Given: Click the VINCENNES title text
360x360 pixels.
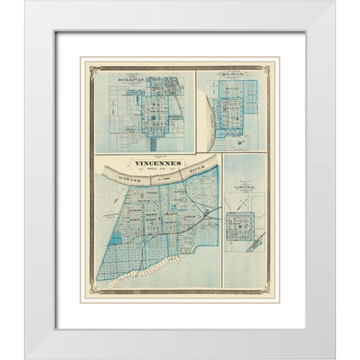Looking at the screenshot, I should pyautogui.click(x=156, y=162).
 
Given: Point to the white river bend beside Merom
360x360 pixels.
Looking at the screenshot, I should pyautogui.click(x=209, y=120).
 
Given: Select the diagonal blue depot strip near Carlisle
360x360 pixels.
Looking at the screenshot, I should pyautogui.click(x=256, y=241).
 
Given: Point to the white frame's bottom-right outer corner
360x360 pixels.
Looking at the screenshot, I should pyautogui.click(x=335, y=358).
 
